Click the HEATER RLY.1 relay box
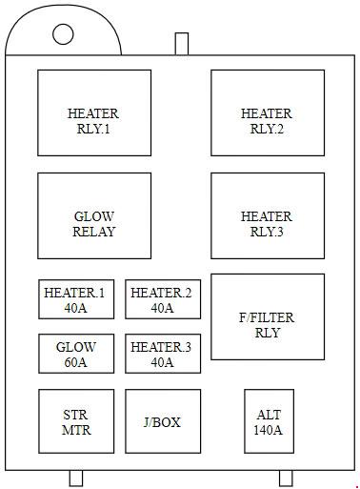click(x=94, y=112)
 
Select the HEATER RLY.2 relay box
click(x=268, y=112)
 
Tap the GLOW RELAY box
click(x=94, y=215)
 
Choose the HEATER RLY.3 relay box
click(x=268, y=215)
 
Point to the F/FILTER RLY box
click(x=268, y=316)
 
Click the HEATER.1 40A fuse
click(x=76, y=299)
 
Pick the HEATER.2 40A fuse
click(x=163, y=299)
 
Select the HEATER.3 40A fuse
click(x=163, y=354)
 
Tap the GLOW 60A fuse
click(x=76, y=354)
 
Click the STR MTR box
click(x=76, y=421)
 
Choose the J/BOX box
click(x=163, y=421)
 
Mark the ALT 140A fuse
click(x=269, y=421)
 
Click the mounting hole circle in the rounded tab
click(x=63, y=34)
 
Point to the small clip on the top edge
click(x=182, y=44)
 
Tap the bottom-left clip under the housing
click(x=76, y=479)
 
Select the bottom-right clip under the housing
click(x=286, y=479)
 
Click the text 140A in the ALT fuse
click(x=268, y=430)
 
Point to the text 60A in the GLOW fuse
click(x=75, y=362)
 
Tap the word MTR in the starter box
click(x=76, y=430)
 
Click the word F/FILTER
click(x=267, y=317)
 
